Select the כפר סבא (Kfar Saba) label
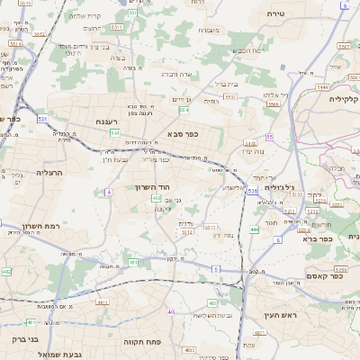[x=183, y=133]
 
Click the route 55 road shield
[x=269, y=137]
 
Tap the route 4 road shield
[x=108, y=192]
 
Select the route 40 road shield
[x=170, y=312]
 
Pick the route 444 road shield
[x=255, y=229]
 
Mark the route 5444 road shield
[x=321, y=86]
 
